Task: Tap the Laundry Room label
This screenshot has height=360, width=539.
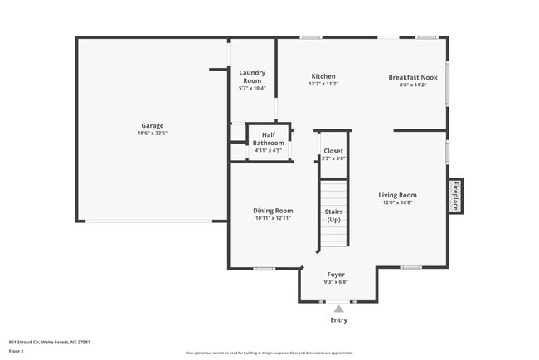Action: pos(252,76)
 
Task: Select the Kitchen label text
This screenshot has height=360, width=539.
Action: pos(323,76)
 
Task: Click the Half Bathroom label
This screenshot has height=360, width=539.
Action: pos(269,139)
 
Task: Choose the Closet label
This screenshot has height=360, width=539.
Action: pos(333,151)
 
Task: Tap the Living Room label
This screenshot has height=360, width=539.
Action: pos(399,195)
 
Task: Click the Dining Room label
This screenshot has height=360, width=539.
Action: pos(273,211)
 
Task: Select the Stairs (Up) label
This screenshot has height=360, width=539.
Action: pos(333,216)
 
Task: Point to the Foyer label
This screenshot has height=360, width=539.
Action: pos(336,274)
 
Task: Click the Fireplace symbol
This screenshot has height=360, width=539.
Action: pos(455,195)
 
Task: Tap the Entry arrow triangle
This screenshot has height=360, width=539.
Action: pos(338,309)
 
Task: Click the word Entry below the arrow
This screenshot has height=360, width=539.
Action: pos(339,320)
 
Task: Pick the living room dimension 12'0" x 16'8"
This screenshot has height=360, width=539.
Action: pos(399,202)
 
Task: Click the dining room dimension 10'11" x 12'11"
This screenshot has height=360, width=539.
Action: pos(273,218)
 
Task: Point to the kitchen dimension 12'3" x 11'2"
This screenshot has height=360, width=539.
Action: pos(323,84)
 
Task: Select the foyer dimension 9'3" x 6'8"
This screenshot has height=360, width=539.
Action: pos(336,281)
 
